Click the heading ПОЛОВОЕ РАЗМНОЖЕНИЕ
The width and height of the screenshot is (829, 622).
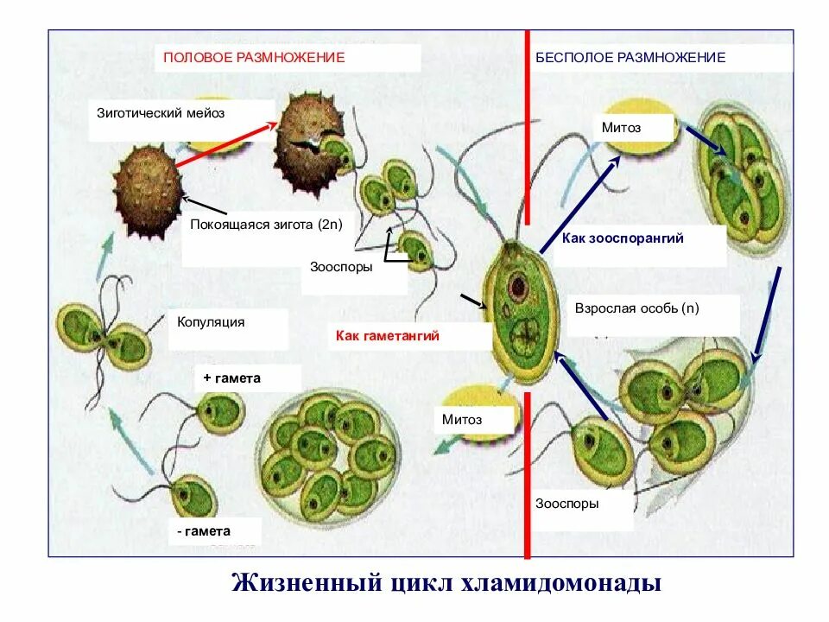click(254, 57)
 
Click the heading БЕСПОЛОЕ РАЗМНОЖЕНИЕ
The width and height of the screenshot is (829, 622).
click(630, 57)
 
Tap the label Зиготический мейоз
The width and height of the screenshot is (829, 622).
click(161, 112)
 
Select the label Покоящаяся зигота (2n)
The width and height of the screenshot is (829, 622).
click(266, 225)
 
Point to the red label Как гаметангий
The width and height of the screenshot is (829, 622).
click(388, 336)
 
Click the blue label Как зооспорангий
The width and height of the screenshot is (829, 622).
click(623, 238)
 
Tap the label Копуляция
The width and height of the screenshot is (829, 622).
click(211, 322)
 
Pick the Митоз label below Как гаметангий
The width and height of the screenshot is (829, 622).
click(462, 420)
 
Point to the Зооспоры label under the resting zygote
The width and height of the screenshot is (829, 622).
click(341, 267)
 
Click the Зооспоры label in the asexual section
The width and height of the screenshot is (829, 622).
click(566, 504)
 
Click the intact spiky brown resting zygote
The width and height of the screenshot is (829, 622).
click(148, 190)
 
